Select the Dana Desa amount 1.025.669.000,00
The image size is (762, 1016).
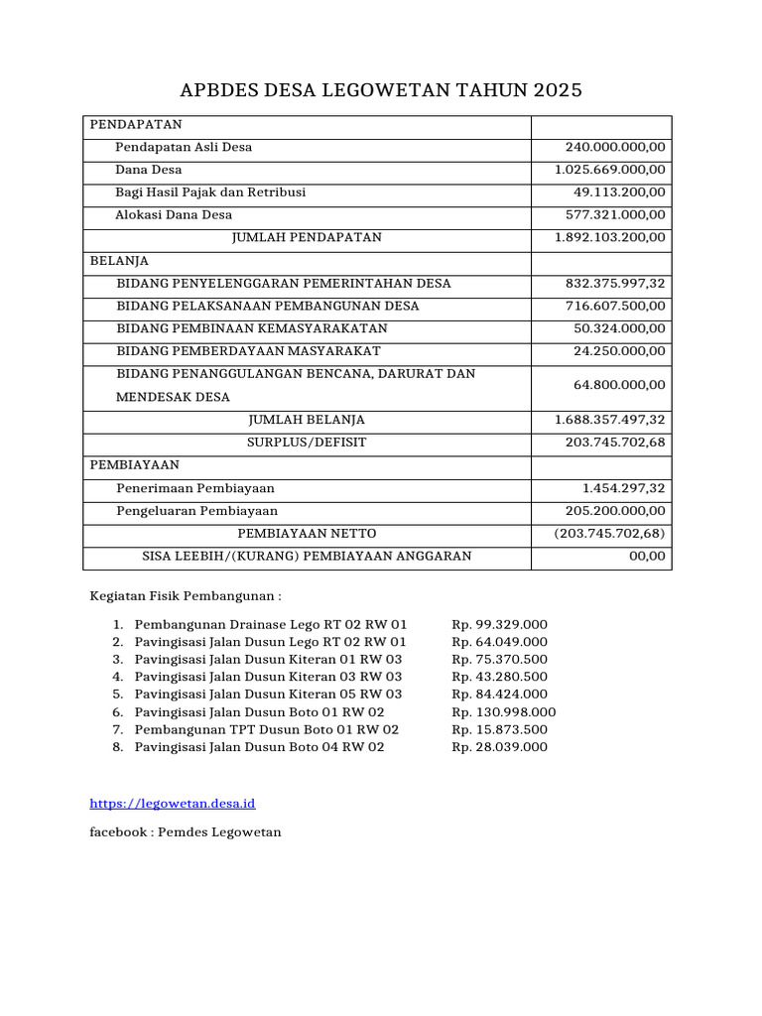[x=610, y=170]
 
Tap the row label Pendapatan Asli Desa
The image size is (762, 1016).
[x=184, y=147]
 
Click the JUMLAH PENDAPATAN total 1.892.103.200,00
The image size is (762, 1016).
[x=610, y=237]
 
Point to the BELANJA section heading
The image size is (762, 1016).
[x=119, y=260]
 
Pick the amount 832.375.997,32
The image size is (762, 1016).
[x=615, y=283]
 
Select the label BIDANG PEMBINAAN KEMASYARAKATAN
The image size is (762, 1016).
[x=252, y=328]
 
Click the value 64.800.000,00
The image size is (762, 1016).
[x=620, y=385]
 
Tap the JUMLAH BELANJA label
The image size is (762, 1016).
[x=307, y=420]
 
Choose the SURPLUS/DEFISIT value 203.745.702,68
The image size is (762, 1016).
[x=615, y=442]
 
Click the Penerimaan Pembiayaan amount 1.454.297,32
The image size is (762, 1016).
[x=624, y=488]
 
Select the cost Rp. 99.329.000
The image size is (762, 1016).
[x=499, y=624]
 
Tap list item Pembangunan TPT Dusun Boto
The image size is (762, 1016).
[x=259, y=729]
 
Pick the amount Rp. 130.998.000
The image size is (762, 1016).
[x=504, y=711]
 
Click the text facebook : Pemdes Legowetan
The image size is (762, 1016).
[x=186, y=831]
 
